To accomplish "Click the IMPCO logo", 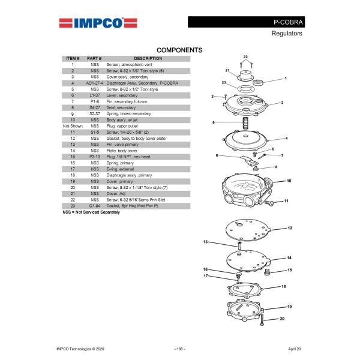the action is point(98,23).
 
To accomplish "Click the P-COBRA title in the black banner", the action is point(288,22).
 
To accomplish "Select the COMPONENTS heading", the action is point(179,50).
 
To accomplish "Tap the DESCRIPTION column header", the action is point(148,59).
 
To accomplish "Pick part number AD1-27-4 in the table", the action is point(95,83).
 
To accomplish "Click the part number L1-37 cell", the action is point(95,95).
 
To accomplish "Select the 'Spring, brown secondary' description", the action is point(128,113).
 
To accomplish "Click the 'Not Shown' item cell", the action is point(73,126).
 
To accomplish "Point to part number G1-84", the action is point(95,206).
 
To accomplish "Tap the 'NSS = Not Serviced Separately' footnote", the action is point(91,212).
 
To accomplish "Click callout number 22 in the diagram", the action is point(245,57).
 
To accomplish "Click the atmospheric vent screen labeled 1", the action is point(257,82).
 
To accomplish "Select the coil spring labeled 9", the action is point(245,123).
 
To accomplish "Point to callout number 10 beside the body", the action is point(289,181).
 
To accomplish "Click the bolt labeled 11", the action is point(269,203).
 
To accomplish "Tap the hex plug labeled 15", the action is point(267,272).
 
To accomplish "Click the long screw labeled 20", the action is point(262,320).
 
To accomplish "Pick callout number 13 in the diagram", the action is point(205,242).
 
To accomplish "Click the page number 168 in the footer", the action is point(179,349).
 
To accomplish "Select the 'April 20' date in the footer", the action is point(295,349).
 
